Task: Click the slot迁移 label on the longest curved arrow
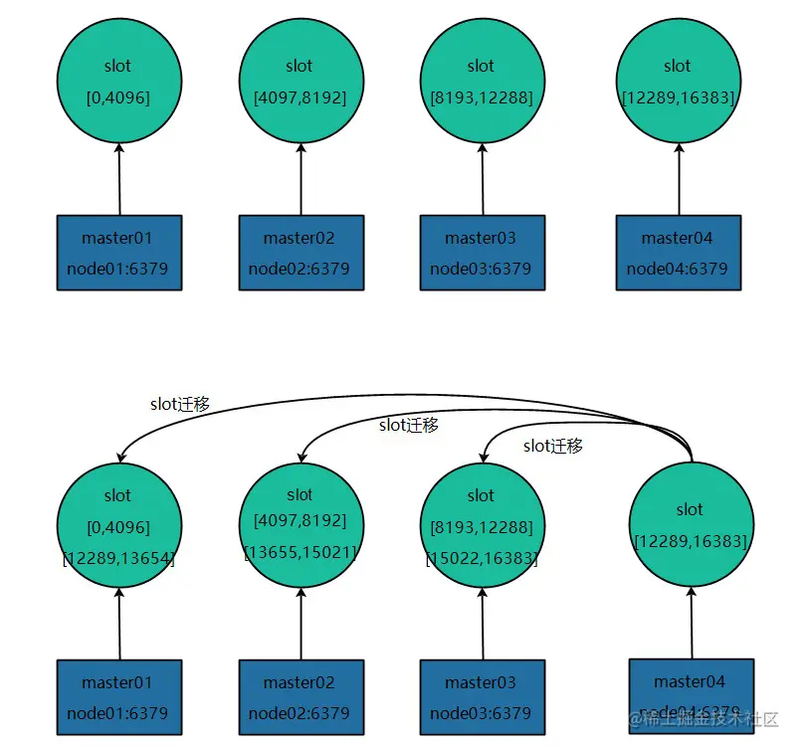(x=180, y=404)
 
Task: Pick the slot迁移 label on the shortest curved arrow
(x=553, y=446)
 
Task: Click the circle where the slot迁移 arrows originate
(x=691, y=524)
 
